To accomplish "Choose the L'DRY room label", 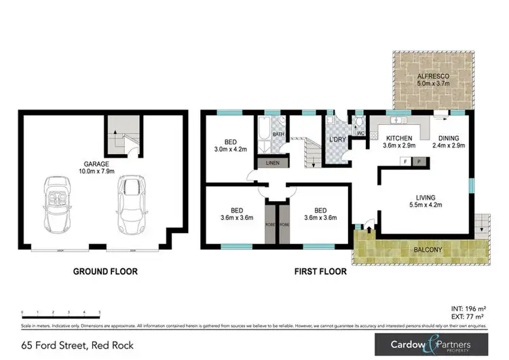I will [337, 139].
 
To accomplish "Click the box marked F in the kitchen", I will [406, 162].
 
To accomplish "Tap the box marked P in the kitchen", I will [419, 162].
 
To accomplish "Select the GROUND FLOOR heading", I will [105, 272].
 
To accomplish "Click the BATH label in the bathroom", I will [278, 134].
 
